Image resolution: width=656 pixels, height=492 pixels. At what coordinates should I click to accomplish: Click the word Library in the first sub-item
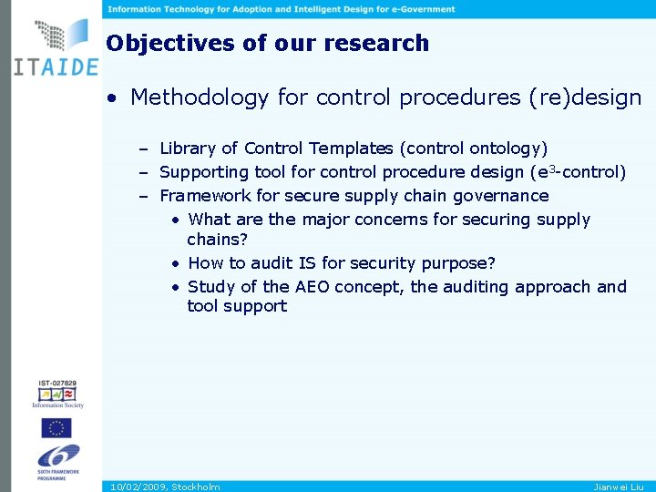pos(187,148)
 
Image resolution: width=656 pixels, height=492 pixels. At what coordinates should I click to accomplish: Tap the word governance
pos(504,195)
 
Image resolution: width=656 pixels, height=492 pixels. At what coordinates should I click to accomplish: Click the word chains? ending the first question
pos(217,239)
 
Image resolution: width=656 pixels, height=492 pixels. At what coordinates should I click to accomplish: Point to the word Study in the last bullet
pos(211,287)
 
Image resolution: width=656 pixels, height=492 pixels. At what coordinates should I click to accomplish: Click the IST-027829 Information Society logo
pos(57,393)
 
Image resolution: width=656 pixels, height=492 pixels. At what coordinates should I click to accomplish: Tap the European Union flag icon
pos(56,427)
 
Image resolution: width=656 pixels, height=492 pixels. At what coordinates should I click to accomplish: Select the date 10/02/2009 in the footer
pos(137,487)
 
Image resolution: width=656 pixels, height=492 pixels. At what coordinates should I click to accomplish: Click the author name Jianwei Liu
pos(619,487)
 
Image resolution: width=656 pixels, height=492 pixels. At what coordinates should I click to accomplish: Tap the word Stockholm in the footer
pos(196,487)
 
